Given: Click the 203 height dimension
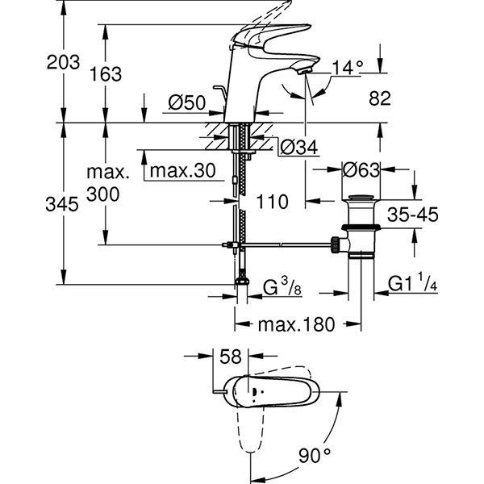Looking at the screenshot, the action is [63, 62].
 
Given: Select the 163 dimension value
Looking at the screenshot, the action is [106, 74].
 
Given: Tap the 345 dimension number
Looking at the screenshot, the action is [62, 204].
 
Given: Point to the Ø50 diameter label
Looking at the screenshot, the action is [187, 102].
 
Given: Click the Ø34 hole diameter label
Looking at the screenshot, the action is [298, 147].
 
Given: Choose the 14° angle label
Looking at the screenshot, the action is [348, 67].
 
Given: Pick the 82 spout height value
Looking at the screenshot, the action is [380, 98].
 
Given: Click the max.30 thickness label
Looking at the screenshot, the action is [183, 170].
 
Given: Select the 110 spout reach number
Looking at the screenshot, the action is [273, 202].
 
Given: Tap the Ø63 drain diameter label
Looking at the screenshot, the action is [361, 170].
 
